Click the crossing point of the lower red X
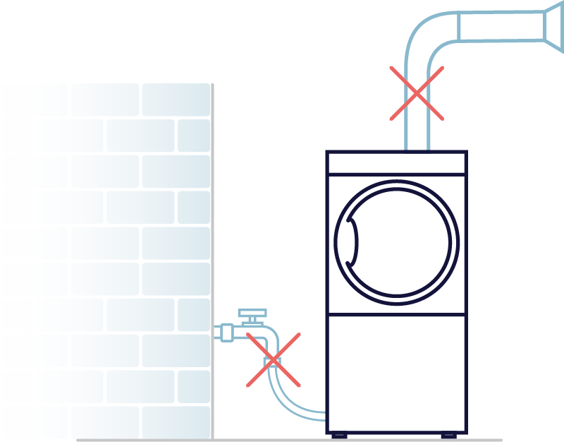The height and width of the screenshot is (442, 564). pos(273,360)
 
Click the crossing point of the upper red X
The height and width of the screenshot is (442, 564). pos(417,94)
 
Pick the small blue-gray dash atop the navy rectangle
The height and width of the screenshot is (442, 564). pos(417,155)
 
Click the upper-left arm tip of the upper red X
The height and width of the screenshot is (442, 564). pos(392,68)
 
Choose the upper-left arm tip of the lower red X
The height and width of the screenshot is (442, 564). pos(247,335)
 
